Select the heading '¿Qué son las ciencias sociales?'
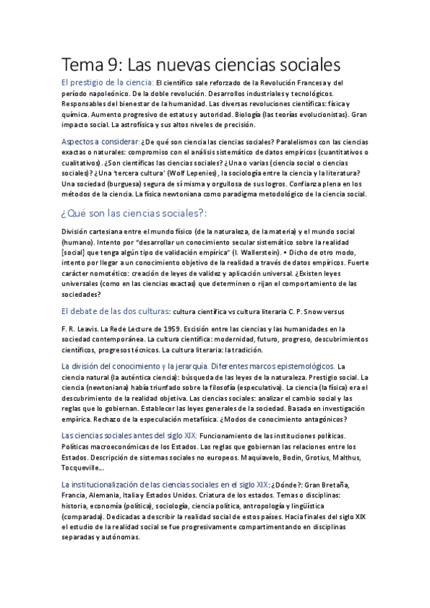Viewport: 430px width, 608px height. click(135, 212)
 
